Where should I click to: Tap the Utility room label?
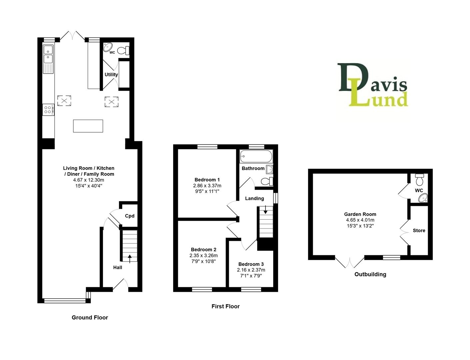(x=111, y=75)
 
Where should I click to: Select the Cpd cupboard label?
(x=130, y=216)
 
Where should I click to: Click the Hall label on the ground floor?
(x=118, y=267)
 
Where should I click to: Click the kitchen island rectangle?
(x=88, y=126)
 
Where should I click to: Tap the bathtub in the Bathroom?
(x=256, y=156)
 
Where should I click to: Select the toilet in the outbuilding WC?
(x=420, y=180)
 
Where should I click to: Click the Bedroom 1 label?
(x=207, y=180)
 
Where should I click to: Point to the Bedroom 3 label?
(x=251, y=264)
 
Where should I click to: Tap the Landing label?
(x=254, y=198)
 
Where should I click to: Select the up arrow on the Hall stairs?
(x=130, y=257)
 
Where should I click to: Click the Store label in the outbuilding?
(x=419, y=230)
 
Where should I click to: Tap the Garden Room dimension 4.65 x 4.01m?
(x=360, y=220)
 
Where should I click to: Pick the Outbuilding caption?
(x=370, y=274)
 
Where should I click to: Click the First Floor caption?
(x=226, y=306)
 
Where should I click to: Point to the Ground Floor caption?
(x=90, y=317)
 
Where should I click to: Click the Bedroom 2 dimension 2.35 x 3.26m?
(x=204, y=255)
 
